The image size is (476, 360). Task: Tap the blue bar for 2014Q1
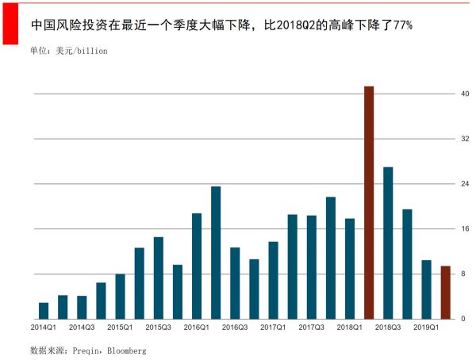pos(44,310)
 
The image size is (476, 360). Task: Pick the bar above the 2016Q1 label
pos(197,266)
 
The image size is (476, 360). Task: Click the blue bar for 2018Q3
pos(388,243)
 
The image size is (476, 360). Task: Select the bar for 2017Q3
pos(312,266)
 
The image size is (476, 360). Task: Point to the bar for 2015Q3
pos(159,278)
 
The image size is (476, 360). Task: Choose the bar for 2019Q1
pos(426,289)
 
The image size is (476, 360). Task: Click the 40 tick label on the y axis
pos(466,94)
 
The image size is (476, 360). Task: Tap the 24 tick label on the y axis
pos(466,184)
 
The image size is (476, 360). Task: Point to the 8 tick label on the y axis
pos(466,274)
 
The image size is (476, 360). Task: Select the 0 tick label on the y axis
pos(466,319)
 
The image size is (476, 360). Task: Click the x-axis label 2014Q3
pos(82,327)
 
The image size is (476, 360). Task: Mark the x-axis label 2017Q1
pos(273,327)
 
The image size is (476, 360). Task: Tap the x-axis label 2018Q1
pos(350,327)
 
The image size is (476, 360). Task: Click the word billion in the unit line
pos(91,51)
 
